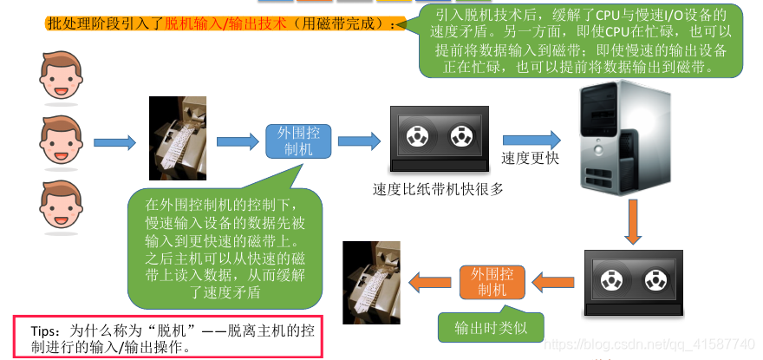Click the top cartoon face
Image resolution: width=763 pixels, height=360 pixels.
(60, 75)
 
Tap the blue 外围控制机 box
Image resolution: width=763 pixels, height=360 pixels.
(298, 141)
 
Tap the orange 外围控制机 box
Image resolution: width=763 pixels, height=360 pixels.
(492, 281)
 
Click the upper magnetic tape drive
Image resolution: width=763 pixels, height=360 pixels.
(439, 139)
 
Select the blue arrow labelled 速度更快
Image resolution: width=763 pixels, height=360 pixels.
(531, 138)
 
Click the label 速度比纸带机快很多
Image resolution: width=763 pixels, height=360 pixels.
(438, 188)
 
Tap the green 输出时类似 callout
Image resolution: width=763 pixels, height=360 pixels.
(492, 328)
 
